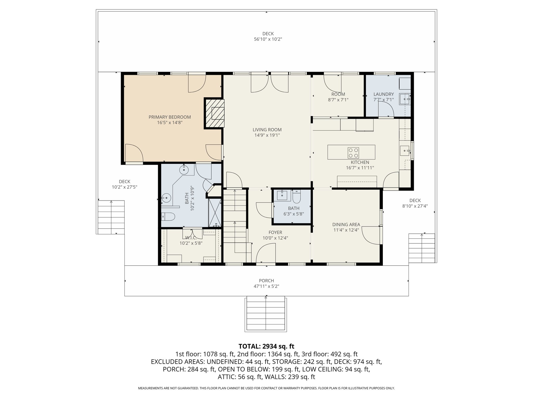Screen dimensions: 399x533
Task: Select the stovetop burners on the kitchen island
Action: [x=353, y=153]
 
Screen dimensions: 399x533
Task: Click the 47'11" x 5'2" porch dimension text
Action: [x=266, y=286]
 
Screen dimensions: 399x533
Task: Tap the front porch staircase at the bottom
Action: [x=266, y=314]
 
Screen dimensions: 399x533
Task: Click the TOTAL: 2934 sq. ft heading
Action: [x=266, y=346]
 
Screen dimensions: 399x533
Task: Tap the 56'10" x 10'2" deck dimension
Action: [x=268, y=39]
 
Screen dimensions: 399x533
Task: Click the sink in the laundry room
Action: [x=405, y=99]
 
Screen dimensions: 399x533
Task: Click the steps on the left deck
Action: [x=111, y=217]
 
